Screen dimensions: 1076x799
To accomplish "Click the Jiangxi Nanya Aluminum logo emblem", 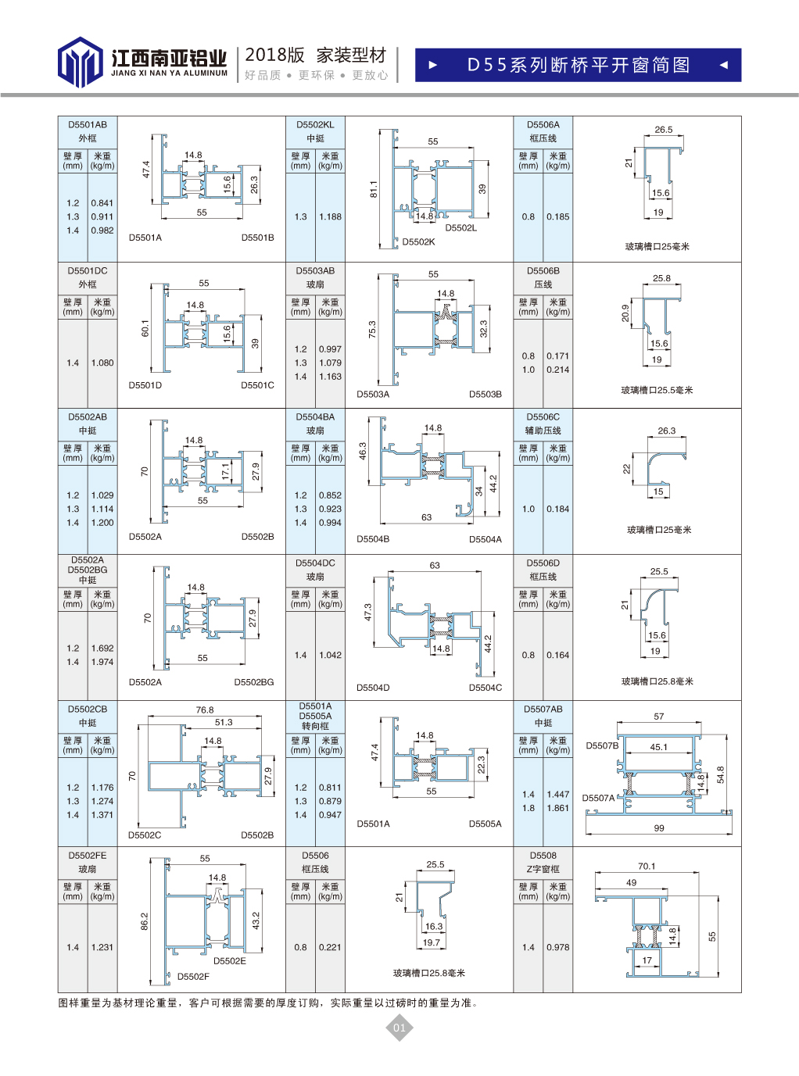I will coord(80,62).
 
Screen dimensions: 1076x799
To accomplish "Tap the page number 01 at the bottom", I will coord(399,1028).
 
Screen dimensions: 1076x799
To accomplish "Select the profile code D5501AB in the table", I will coord(88,124).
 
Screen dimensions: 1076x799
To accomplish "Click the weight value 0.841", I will coord(102,203).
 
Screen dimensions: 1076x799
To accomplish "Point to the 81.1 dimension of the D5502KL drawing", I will coord(374,188).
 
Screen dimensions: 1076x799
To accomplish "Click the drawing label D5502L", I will coord(460,228).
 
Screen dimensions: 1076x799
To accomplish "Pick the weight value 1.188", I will coord(330,216).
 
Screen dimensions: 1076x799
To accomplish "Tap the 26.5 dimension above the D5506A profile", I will coord(664,130).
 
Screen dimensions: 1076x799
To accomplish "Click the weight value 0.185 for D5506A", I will coord(557,216).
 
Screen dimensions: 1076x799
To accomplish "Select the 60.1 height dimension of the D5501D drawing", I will coord(145,328).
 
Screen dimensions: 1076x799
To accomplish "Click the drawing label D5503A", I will coord(373,395).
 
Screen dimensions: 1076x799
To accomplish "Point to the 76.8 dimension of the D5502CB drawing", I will coord(205,710).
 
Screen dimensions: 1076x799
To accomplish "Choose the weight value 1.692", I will coord(102,648).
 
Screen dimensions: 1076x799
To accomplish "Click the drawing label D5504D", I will coord(373,688).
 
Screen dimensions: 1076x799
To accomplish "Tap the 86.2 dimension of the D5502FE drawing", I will coord(145,921).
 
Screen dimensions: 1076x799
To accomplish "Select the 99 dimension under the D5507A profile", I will coord(659,828).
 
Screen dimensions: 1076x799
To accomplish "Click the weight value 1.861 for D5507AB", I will coord(557,808).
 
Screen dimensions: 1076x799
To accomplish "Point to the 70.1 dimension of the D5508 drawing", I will coord(647,866).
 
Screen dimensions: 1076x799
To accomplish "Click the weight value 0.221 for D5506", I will coord(330,947).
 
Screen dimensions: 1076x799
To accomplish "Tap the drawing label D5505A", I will coord(485,824).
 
